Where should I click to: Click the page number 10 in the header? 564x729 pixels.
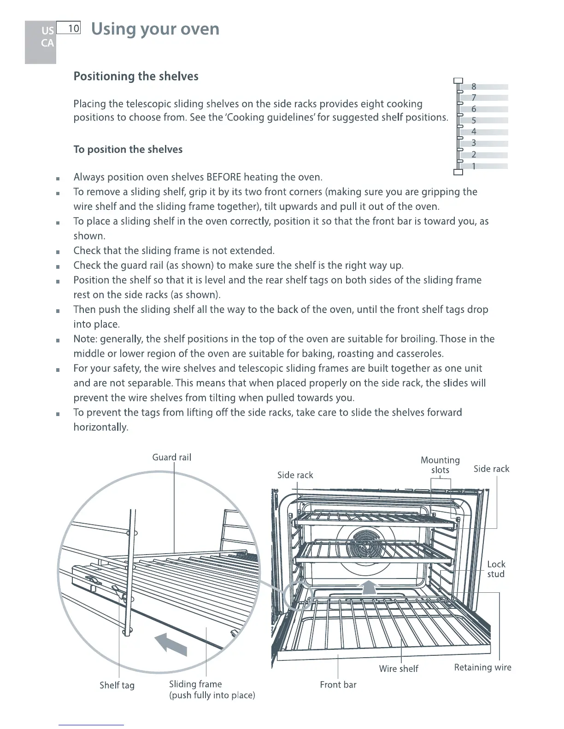point(73,29)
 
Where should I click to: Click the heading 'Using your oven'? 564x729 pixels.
point(155,29)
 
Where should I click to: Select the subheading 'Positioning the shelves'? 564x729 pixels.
point(136,76)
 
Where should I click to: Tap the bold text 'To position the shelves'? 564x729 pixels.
point(128,150)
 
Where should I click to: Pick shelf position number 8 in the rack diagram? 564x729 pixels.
point(474,87)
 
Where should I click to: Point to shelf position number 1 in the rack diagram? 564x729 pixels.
point(474,166)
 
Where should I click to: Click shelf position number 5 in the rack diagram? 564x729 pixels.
point(474,121)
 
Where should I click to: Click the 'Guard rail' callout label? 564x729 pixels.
point(171,457)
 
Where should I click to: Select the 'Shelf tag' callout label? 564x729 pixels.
point(117,685)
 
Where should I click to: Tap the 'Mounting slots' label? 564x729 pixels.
point(440,465)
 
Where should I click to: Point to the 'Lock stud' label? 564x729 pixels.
point(496,569)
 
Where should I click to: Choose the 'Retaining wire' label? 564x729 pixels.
point(482,667)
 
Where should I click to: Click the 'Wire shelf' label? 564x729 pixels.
point(399,669)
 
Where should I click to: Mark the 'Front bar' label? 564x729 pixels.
point(338,685)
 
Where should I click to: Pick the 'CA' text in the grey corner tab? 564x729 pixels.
point(47,43)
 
